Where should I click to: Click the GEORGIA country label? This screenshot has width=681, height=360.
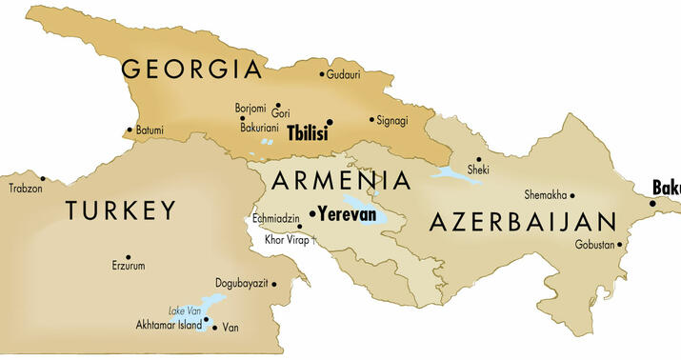coord(190,70)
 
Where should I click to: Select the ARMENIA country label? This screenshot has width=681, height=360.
coord(341,181)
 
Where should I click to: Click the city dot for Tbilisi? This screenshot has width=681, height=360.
coord(330,122)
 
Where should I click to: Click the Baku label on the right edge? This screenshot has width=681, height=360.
coord(666,188)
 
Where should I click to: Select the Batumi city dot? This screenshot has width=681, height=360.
coord(130,130)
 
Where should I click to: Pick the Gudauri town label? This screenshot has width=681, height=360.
coord(344,74)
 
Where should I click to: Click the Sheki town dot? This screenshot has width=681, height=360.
coord(479,159)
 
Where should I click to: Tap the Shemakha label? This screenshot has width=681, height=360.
coord(545,195)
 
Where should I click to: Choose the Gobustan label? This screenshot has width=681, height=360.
coord(594,245)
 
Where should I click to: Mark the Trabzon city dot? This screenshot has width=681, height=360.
coord(42,178)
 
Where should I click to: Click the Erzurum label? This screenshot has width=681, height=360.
coord(129,266)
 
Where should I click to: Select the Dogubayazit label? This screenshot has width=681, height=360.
coord(244,284)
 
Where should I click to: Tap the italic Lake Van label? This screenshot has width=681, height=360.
coord(184,311)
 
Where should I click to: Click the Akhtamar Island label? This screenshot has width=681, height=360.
coord(169,325)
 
